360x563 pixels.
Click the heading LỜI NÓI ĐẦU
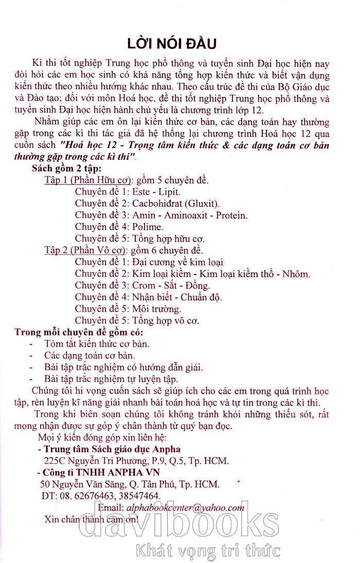pos(179,42)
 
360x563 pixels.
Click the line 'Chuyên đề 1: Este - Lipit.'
pos(128,192)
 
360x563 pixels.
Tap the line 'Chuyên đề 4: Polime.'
pos(119,226)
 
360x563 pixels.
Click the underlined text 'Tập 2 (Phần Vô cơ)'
pos(86,250)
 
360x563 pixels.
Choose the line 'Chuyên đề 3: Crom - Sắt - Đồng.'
pos(142,285)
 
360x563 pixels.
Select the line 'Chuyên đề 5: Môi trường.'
pos(128,309)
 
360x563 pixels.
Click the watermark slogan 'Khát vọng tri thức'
pos(207,551)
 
